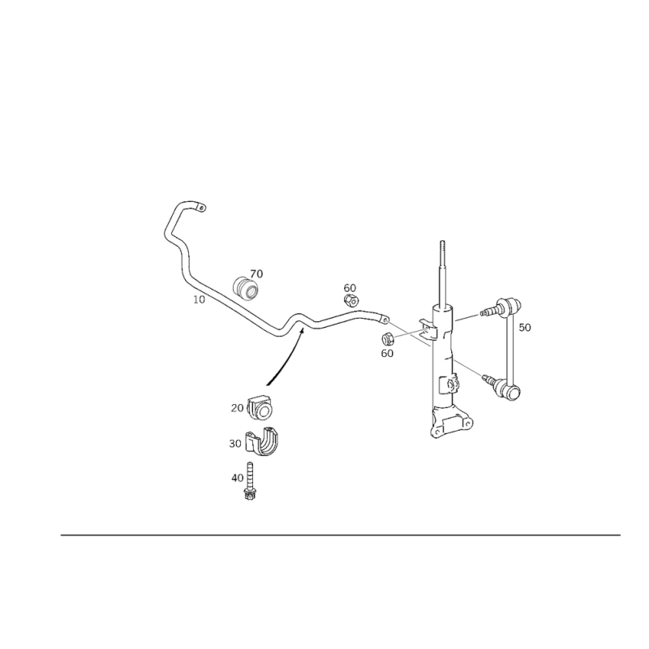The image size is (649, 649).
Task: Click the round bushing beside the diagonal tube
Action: pos(247,288)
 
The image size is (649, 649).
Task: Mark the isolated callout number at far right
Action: pos(526,329)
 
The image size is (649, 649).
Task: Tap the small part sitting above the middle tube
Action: pos(350,293)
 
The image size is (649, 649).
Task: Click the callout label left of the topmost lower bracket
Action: pos(237,404)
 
